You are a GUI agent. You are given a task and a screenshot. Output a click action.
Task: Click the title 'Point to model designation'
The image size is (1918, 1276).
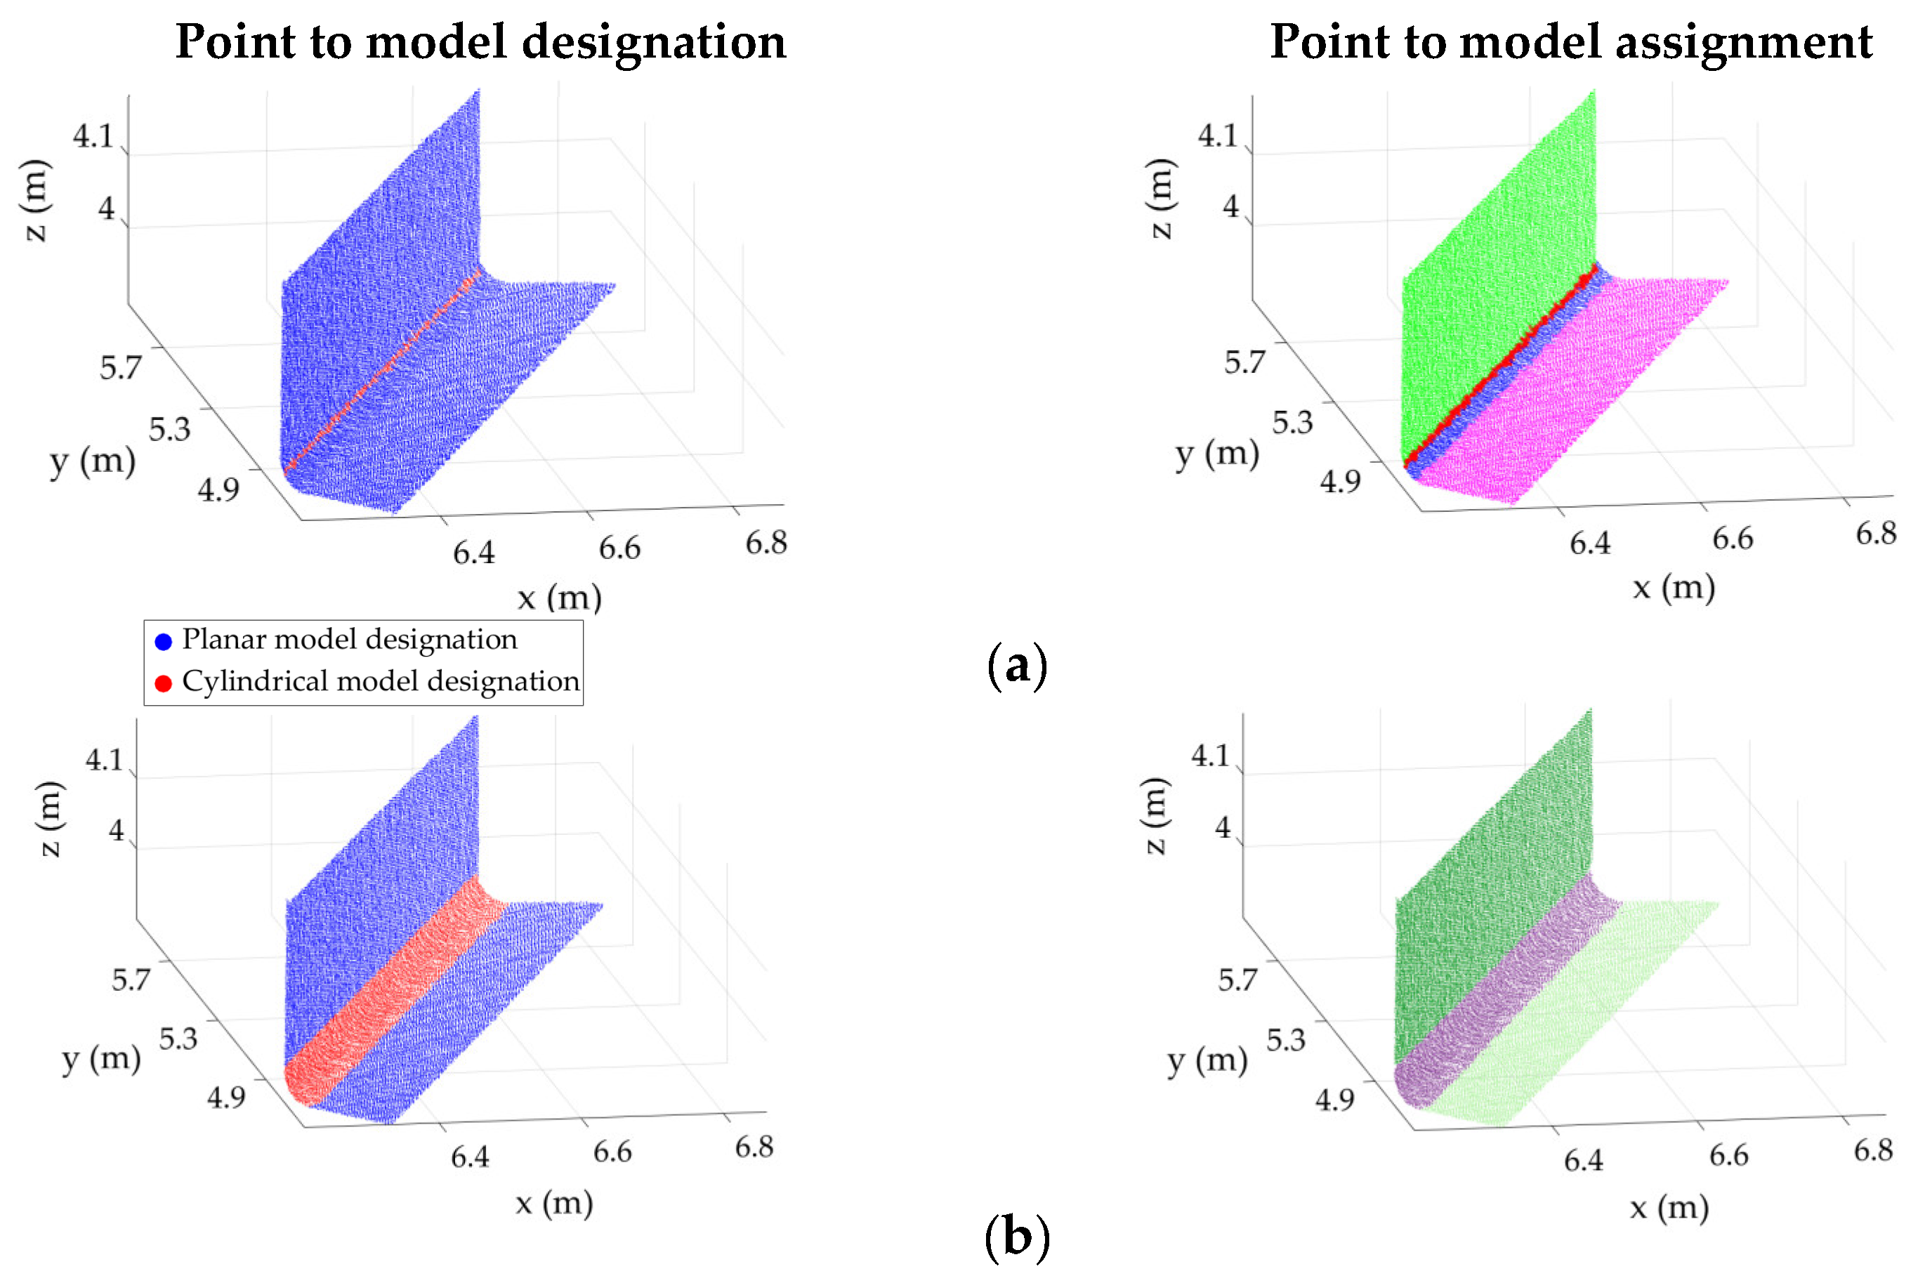pos(480,42)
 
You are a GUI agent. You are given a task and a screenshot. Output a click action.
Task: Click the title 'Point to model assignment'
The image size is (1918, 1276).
pos(1570,42)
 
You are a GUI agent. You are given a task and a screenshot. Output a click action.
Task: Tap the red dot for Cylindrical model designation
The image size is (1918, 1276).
pos(164,683)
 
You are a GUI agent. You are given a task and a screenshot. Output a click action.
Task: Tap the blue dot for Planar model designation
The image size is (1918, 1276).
pos(164,641)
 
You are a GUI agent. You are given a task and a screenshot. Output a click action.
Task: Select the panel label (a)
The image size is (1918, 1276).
pos(1016,666)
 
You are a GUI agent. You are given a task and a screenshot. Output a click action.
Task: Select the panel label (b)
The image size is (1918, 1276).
pos(1016,1237)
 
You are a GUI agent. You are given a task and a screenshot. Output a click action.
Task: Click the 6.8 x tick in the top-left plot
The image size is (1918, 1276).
pos(766,543)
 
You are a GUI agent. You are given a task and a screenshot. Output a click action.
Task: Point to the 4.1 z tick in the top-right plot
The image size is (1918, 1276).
pos(1217,135)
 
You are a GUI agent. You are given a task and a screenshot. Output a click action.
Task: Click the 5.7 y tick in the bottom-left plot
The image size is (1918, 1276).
pos(131,979)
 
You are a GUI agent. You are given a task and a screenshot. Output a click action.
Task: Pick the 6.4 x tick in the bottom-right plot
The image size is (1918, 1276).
pos(1584,1159)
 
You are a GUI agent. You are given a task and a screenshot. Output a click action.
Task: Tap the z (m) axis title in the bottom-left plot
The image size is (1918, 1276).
pos(51,819)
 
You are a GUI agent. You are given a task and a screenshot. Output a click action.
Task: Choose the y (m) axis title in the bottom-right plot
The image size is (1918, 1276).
pos(1207,1060)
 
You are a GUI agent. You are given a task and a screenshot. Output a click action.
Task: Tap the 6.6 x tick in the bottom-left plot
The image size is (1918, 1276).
pos(612,1152)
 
